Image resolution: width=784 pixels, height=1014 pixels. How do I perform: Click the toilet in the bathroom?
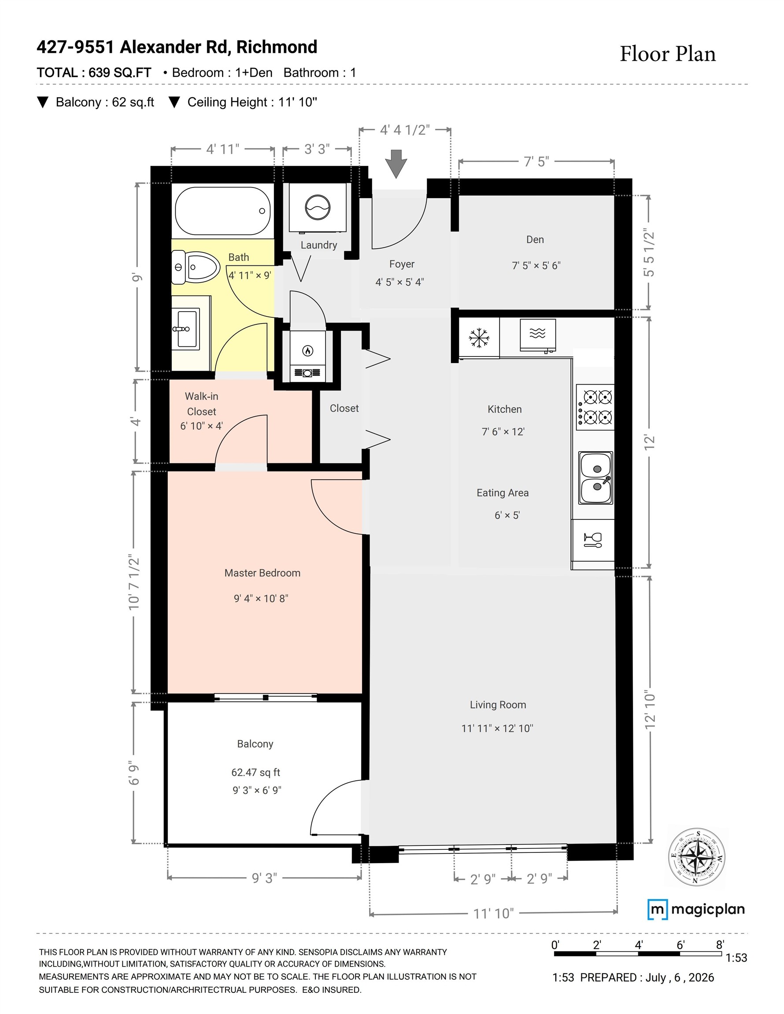[195, 267]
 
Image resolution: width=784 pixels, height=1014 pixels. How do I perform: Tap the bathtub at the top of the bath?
[222, 211]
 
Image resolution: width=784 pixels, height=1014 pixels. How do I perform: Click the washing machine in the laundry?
[318, 207]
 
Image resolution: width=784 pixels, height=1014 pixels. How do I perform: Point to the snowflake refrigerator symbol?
[478, 338]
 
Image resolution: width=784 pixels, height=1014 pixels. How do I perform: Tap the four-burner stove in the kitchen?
[595, 407]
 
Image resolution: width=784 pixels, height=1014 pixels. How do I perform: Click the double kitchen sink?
[596, 478]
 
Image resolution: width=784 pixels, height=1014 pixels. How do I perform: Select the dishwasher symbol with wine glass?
[592, 540]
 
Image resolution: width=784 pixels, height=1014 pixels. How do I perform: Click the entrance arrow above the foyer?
[396, 164]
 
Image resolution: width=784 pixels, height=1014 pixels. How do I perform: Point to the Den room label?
[535, 239]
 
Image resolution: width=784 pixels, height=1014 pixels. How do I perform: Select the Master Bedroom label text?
[262, 573]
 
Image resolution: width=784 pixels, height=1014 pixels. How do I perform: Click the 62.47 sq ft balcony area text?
[255, 772]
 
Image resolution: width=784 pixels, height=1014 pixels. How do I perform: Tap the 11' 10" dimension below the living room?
[494, 914]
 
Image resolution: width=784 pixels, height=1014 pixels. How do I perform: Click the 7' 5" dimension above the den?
[536, 162]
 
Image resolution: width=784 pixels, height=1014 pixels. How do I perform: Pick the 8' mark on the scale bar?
[720, 945]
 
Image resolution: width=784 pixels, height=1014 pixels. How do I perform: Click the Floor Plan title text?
[668, 54]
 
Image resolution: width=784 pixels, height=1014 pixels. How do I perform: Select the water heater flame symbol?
[307, 350]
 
